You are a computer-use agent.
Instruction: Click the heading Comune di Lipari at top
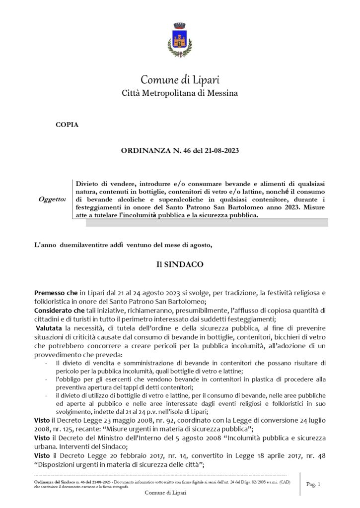click(x=180, y=80)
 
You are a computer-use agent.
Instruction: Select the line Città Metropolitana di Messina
click(x=180, y=93)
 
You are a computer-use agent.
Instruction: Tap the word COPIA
click(x=67, y=125)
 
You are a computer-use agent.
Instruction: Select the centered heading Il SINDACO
click(x=180, y=265)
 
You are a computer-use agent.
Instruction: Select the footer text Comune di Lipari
click(x=165, y=492)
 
